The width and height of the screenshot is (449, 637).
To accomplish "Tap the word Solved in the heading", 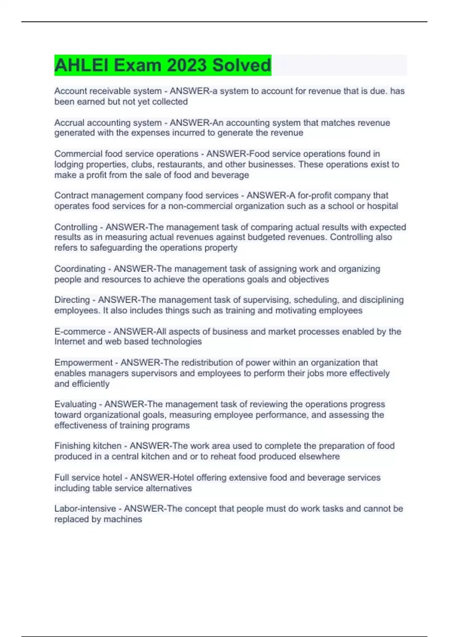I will click(241, 65).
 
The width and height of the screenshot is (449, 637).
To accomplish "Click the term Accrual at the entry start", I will click(69, 123).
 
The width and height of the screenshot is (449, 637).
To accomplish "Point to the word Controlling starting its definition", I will click(76, 227).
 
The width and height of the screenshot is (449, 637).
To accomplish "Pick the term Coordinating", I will click(80, 269).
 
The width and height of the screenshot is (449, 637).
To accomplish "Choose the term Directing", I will click(72, 300).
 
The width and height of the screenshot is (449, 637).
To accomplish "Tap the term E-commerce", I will click(80, 331).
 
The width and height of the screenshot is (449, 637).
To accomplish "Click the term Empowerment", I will click(83, 362).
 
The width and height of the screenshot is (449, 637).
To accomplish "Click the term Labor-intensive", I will click(85, 508).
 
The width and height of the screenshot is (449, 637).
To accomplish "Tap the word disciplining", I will click(381, 300).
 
